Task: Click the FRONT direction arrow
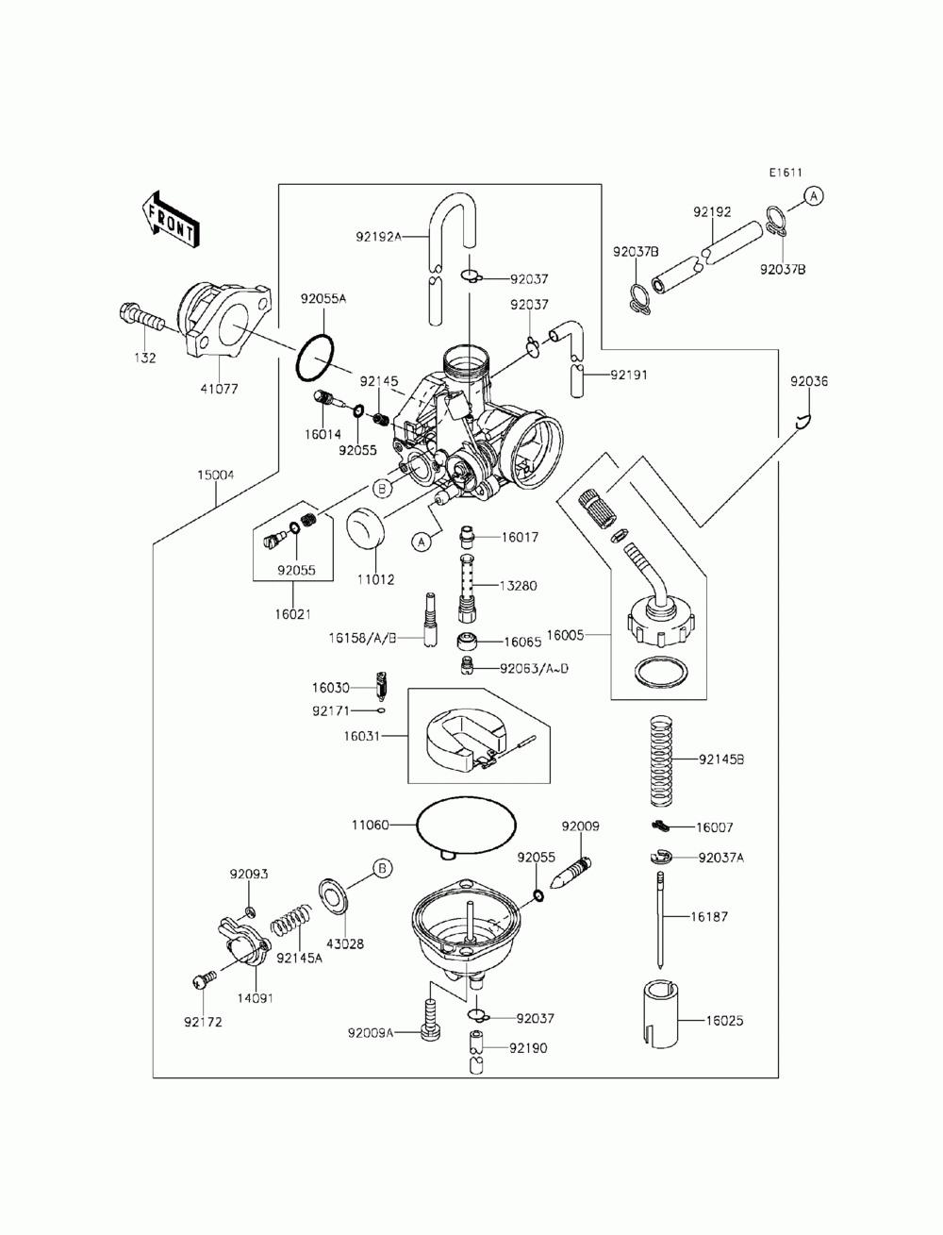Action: pos(169,220)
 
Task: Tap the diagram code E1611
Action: pos(785,173)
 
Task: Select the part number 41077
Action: pos(220,388)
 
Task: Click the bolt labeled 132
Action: pos(141,320)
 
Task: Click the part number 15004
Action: pos(215,475)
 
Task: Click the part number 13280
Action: pos(518,586)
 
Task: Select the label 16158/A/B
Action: pos(363,638)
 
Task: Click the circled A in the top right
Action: pos(813,196)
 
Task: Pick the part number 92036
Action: pos(808,381)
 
